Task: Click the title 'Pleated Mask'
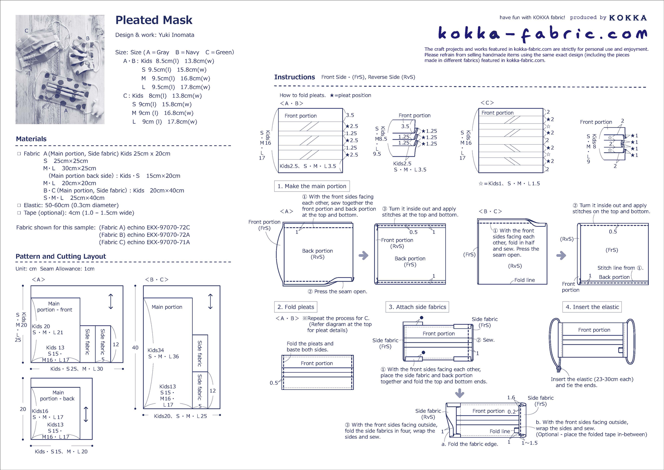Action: (x=154, y=20)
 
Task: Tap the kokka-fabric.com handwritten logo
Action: (x=542, y=34)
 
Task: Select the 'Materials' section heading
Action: (x=31, y=139)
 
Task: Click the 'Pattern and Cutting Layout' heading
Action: (x=61, y=257)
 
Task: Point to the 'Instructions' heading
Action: (x=295, y=77)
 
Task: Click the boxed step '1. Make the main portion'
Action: (x=312, y=186)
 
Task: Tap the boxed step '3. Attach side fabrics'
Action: (x=417, y=307)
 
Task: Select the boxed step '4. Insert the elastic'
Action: (x=592, y=307)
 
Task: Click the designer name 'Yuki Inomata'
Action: (x=176, y=35)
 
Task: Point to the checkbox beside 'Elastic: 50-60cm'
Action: (x=19, y=205)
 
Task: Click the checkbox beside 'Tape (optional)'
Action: (x=19, y=213)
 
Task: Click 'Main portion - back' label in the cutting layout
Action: (x=58, y=396)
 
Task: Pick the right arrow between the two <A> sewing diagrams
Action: (x=364, y=256)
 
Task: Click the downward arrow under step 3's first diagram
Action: (x=460, y=393)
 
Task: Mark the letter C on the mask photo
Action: (x=27, y=30)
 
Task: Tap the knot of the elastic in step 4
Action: (x=559, y=368)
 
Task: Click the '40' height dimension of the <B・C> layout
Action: (x=135, y=347)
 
